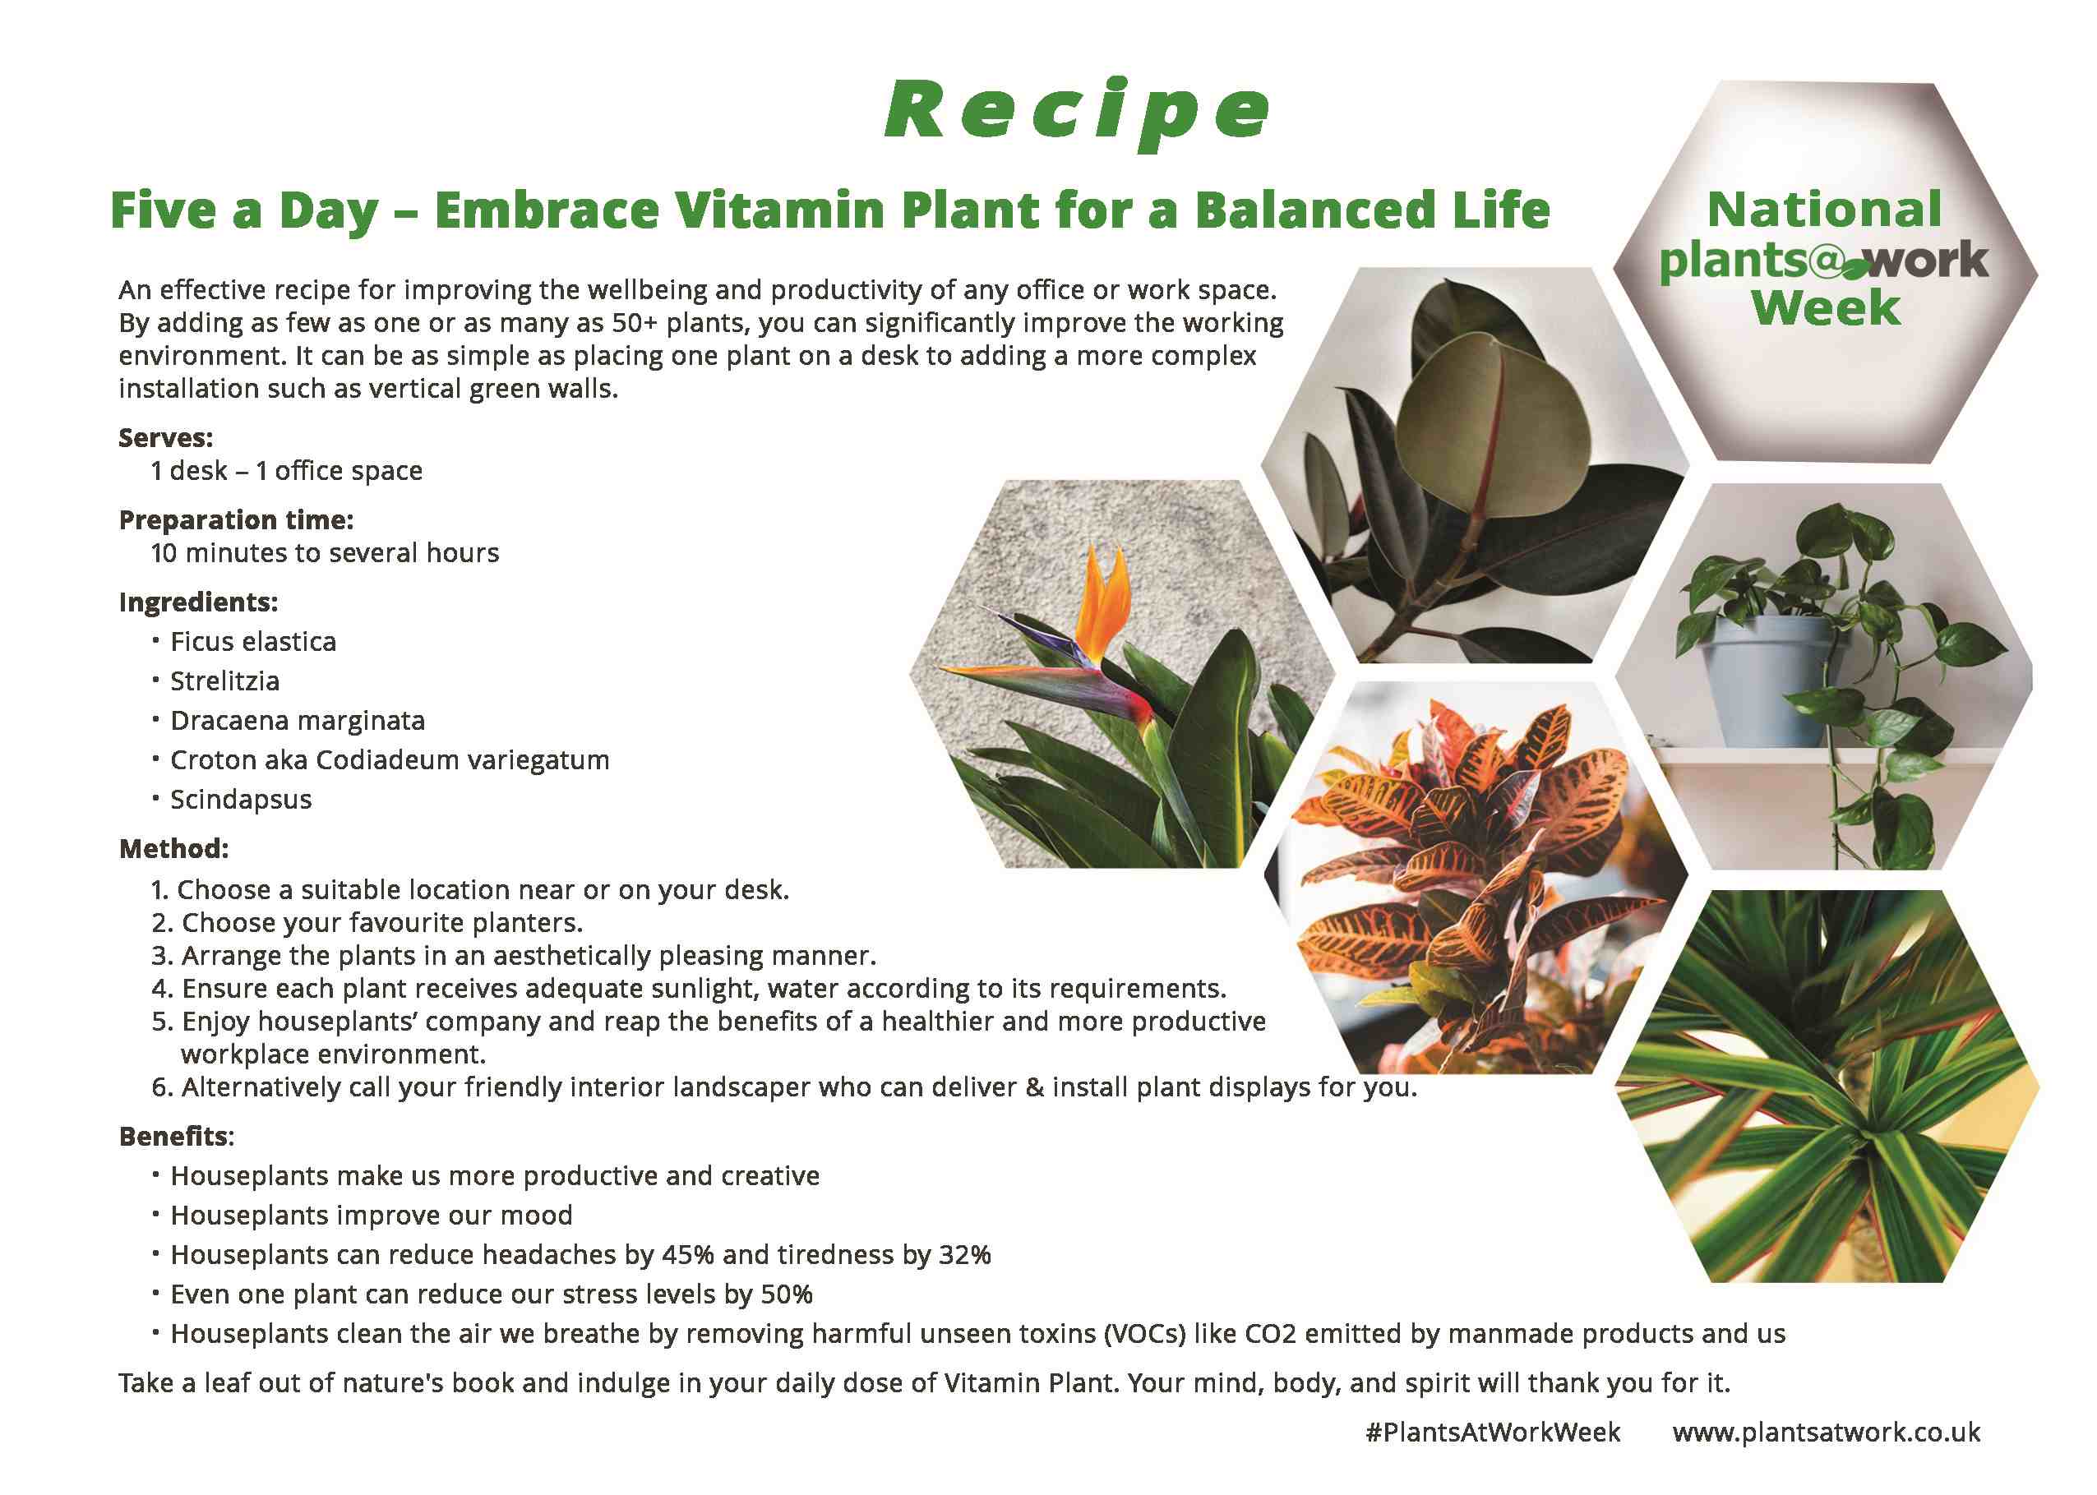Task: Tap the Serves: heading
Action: click(x=166, y=438)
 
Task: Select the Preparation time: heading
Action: click(x=236, y=520)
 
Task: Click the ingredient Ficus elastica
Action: click(x=253, y=642)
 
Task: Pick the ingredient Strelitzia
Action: click(x=224, y=681)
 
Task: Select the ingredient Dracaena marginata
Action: click(x=298, y=721)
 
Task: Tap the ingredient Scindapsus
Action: click(x=240, y=800)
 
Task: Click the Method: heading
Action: click(x=173, y=849)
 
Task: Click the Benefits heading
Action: click(x=175, y=1137)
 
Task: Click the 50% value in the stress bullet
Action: click(x=786, y=1295)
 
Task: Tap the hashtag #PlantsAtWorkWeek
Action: click(x=1492, y=1433)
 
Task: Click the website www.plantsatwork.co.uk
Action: click(x=1827, y=1433)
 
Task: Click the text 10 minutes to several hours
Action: click(x=324, y=553)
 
